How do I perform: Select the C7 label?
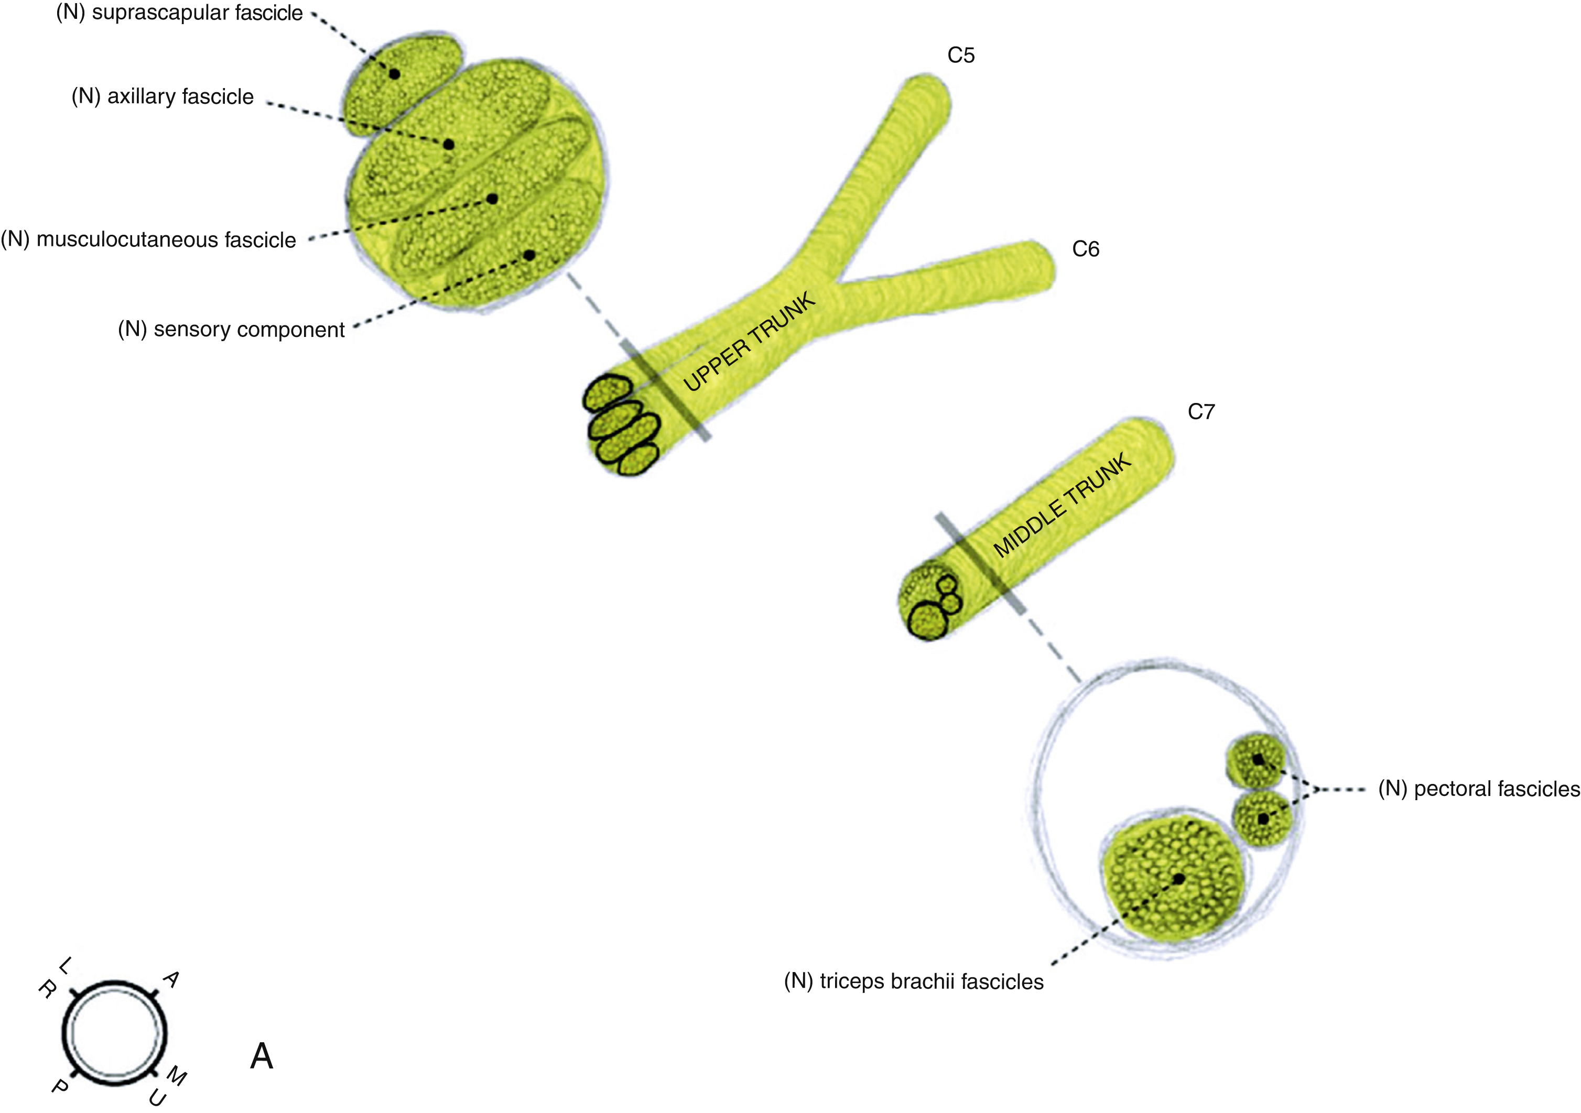(x=1201, y=411)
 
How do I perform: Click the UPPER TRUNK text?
(x=749, y=342)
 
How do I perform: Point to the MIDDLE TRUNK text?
(x=1063, y=505)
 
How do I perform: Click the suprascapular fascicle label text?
(x=179, y=13)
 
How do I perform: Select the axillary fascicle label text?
(x=163, y=96)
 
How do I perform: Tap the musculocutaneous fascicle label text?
(x=149, y=239)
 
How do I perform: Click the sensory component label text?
(x=231, y=330)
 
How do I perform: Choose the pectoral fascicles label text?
(x=1478, y=789)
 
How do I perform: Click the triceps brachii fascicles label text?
(x=914, y=981)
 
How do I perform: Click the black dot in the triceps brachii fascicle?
(x=1179, y=879)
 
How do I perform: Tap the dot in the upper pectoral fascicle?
(x=1258, y=760)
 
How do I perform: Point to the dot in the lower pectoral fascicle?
(x=1263, y=819)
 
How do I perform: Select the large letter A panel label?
(x=262, y=1056)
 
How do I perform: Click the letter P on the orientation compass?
(x=60, y=1086)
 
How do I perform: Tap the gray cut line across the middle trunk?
(x=979, y=562)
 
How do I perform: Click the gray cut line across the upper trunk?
(x=665, y=389)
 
